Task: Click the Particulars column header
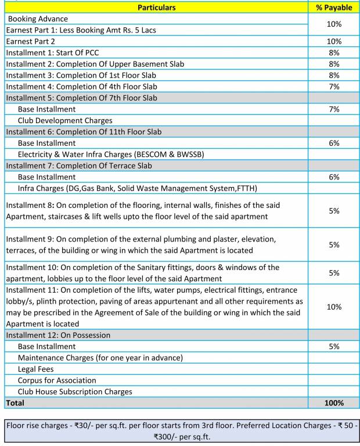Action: point(157,8)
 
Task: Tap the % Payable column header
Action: point(334,8)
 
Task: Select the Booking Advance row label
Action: point(38,19)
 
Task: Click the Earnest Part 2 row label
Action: point(31,41)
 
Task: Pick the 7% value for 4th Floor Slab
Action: point(334,87)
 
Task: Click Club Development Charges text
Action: point(65,120)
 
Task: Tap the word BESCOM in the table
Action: point(165,154)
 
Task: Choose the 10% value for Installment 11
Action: point(334,307)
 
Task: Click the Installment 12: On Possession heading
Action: point(58,335)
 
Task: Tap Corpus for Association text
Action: point(57,380)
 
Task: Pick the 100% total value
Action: point(334,402)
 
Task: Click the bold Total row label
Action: point(16,402)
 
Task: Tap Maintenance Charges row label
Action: point(100,358)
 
